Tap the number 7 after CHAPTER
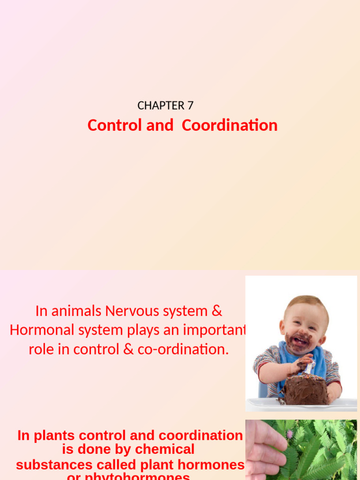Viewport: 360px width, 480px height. click(190, 106)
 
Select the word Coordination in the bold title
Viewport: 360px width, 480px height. click(230, 126)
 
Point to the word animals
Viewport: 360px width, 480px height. click(75, 311)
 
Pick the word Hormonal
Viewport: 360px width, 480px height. click(39, 330)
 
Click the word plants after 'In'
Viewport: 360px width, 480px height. click(48, 435)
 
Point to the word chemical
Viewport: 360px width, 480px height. click(164, 450)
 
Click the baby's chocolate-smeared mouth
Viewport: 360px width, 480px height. click(299, 340)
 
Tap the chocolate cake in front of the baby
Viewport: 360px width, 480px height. click(305, 389)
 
